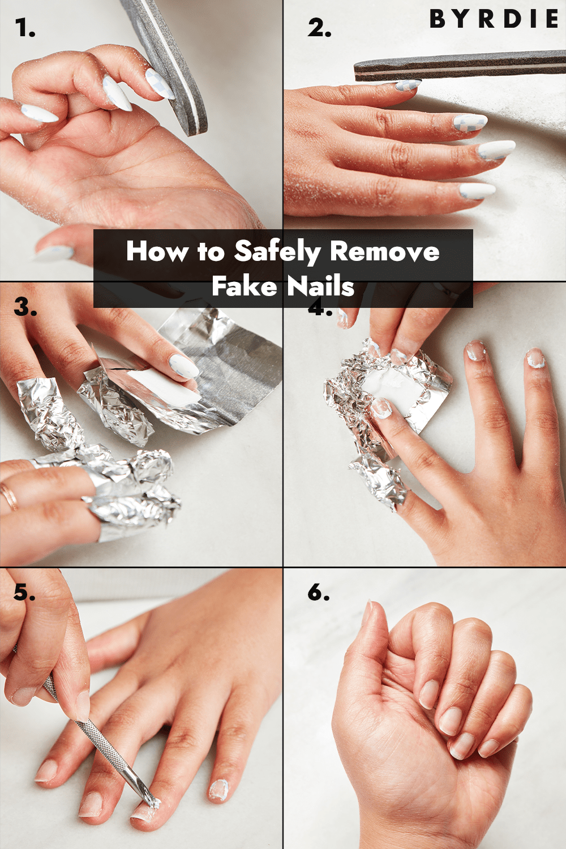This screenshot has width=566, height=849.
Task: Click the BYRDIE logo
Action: [x=494, y=19]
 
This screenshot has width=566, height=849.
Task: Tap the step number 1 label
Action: [x=25, y=28]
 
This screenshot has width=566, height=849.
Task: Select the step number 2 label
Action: [x=319, y=28]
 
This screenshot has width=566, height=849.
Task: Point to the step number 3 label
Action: [x=25, y=307]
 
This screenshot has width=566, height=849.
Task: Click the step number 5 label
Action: [x=24, y=593]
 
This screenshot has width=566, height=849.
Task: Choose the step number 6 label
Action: [x=319, y=593]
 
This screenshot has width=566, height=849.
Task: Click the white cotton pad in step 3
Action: [x=161, y=385]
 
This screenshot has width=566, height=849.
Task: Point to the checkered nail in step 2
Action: [x=470, y=122]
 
